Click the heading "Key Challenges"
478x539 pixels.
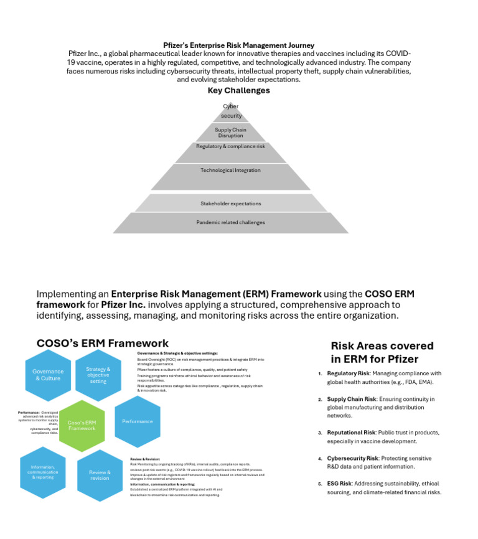(238, 90)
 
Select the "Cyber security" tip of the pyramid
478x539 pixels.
(231, 112)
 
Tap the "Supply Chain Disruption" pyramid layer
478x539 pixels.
(230, 133)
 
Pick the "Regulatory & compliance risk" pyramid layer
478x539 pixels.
(230, 146)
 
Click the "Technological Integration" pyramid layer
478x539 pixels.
(230, 170)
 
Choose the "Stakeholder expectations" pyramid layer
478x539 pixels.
(230, 204)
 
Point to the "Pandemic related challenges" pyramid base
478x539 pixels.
(230, 222)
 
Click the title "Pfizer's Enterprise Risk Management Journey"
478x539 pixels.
(238, 45)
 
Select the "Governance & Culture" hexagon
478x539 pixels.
(48, 375)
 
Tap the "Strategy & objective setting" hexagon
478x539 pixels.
(98, 375)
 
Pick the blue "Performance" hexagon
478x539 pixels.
(137, 421)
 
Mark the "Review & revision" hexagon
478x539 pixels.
(100, 475)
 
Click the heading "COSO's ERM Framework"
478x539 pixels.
(102, 343)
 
